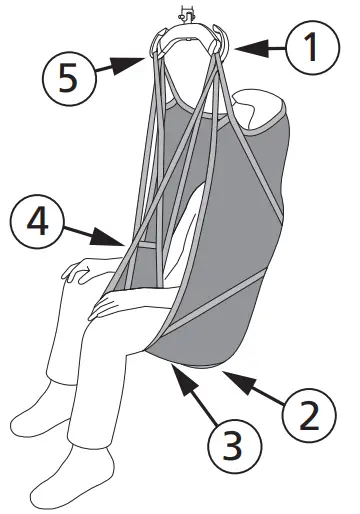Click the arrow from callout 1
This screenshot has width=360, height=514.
[x=261, y=43]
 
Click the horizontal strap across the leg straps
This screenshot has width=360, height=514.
[x=146, y=245]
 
